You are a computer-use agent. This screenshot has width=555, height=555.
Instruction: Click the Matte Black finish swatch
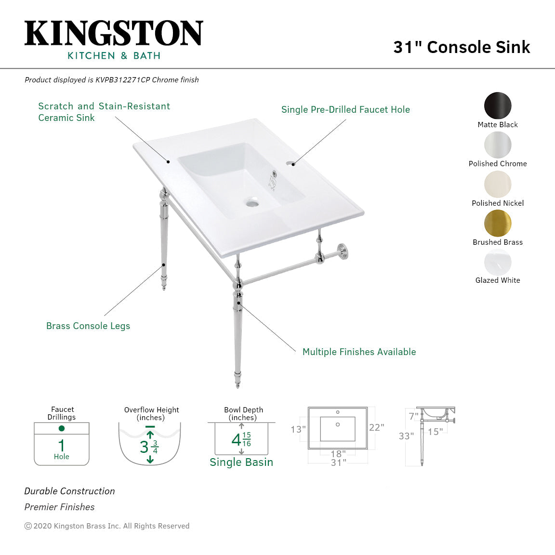click(x=498, y=106)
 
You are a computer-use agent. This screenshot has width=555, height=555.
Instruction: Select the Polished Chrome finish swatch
click(x=498, y=145)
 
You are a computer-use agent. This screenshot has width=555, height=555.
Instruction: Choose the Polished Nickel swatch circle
click(x=498, y=184)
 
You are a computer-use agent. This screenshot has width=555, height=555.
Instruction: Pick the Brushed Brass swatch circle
click(x=498, y=223)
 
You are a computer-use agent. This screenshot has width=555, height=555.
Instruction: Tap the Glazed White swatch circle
click(x=498, y=263)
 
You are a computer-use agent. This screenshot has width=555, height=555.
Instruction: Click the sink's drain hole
click(x=252, y=203)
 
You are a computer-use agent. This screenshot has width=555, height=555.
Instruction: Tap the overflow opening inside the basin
click(x=274, y=174)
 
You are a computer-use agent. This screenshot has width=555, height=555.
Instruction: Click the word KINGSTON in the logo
click(x=114, y=34)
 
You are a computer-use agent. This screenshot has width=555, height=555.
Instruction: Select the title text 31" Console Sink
click(x=462, y=47)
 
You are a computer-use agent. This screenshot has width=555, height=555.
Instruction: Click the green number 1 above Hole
click(x=62, y=445)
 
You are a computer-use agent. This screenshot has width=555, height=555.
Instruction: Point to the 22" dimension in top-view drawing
click(x=376, y=427)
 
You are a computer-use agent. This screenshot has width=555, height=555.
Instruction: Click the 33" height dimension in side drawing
click(x=406, y=436)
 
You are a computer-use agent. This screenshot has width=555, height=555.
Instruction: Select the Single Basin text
click(x=241, y=462)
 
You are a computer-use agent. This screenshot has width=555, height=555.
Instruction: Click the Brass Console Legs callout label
click(x=88, y=326)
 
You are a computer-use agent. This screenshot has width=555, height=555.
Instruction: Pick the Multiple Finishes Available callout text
click(x=359, y=352)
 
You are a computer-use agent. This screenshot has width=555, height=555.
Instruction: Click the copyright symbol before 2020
click(x=28, y=526)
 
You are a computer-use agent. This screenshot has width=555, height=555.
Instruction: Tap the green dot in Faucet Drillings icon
click(x=62, y=428)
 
